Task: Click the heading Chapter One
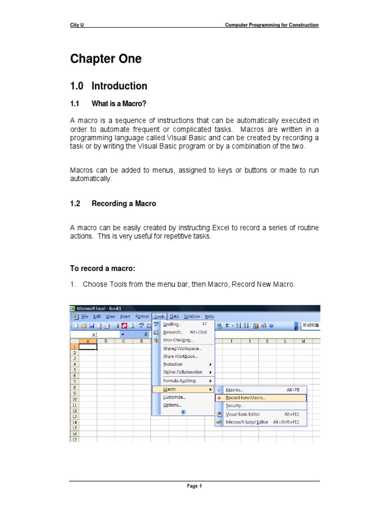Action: point(106,59)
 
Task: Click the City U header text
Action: point(76,25)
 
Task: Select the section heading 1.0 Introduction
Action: point(109,86)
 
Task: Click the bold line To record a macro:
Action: point(103,268)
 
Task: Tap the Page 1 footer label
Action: point(194,486)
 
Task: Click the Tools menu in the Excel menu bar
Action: point(159,316)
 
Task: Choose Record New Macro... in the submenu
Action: point(245,398)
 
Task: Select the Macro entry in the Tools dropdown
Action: point(170,390)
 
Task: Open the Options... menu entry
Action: point(172,405)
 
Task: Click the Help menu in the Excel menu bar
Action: point(209,316)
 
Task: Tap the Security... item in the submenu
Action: point(235,406)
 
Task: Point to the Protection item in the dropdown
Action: point(173,364)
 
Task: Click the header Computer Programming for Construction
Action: point(272,25)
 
